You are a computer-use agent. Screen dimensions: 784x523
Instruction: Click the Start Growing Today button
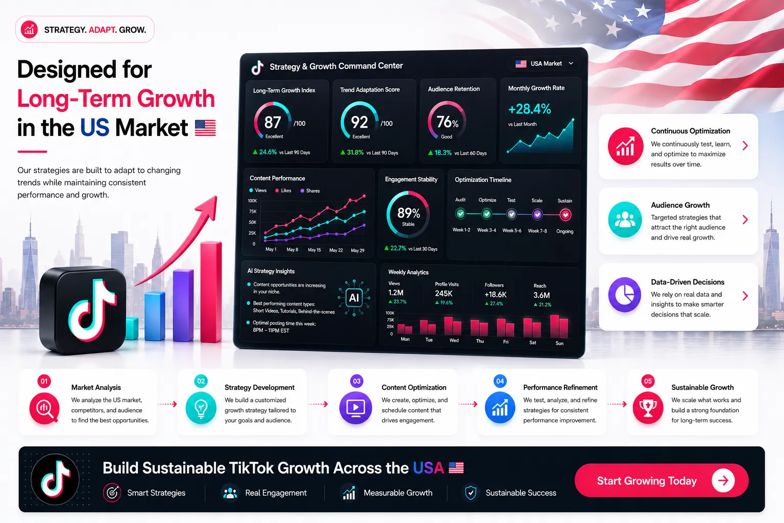(x=661, y=480)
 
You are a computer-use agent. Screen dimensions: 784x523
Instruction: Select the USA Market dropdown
(x=545, y=63)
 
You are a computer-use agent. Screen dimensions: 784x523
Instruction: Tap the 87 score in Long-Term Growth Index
(x=272, y=122)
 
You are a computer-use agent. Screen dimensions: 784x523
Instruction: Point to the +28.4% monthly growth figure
(x=529, y=109)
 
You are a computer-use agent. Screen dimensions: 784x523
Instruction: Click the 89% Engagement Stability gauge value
(x=408, y=212)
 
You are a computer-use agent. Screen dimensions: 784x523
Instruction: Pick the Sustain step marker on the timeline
(x=565, y=215)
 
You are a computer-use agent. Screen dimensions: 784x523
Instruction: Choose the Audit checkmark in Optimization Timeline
(x=460, y=213)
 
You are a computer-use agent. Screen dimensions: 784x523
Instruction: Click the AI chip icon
(x=354, y=298)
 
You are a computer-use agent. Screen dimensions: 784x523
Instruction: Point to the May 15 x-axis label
(x=314, y=250)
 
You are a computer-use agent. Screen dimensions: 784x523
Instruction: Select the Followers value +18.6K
(x=495, y=295)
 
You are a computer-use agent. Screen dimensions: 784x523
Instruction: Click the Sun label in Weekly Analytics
(x=559, y=343)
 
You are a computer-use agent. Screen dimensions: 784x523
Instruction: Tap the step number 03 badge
(x=357, y=381)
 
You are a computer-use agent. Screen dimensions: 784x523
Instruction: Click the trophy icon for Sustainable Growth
(x=648, y=408)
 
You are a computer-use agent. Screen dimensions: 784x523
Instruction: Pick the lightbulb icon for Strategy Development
(x=201, y=408)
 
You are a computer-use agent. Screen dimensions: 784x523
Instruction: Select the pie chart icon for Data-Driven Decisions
(x=625, y=295)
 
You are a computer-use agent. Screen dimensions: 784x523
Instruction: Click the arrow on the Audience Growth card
(x=745, y=220)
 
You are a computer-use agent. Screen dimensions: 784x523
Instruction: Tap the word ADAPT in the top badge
(x=102, y=30)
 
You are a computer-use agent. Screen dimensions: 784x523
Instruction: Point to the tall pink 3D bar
(x=211, y=292)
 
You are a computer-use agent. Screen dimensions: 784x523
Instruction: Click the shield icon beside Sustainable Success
(x=471, y=492)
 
